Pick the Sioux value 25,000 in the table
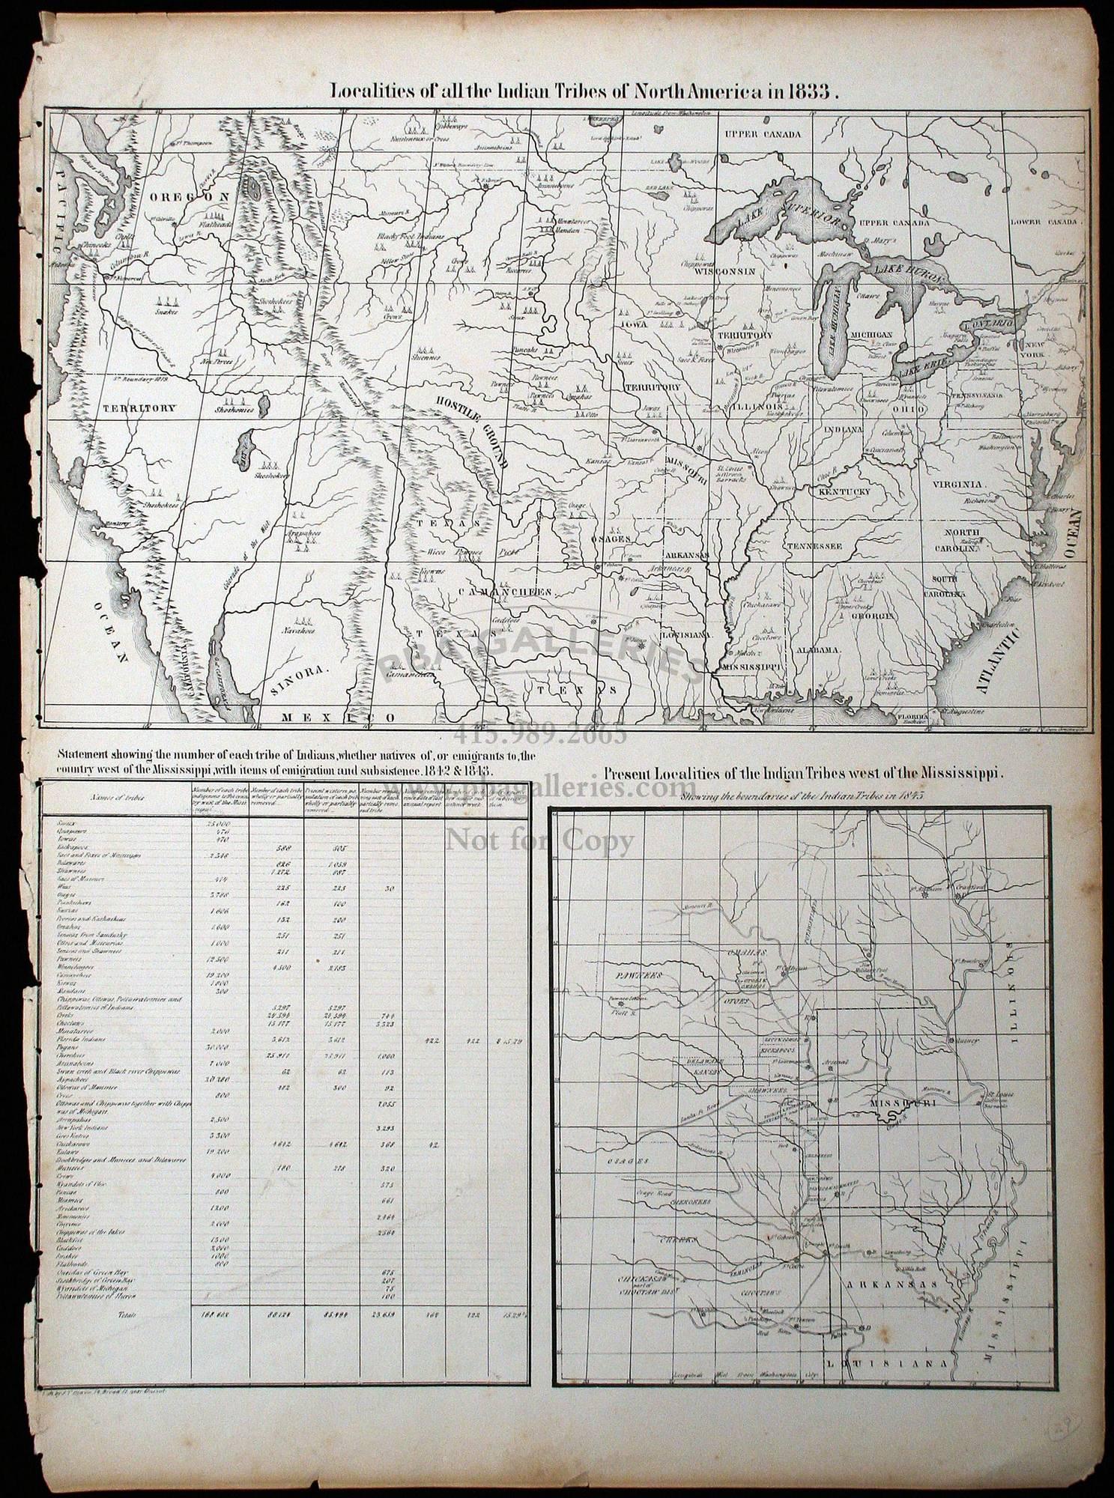point(217,823)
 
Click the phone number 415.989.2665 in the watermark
point(539,733)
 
